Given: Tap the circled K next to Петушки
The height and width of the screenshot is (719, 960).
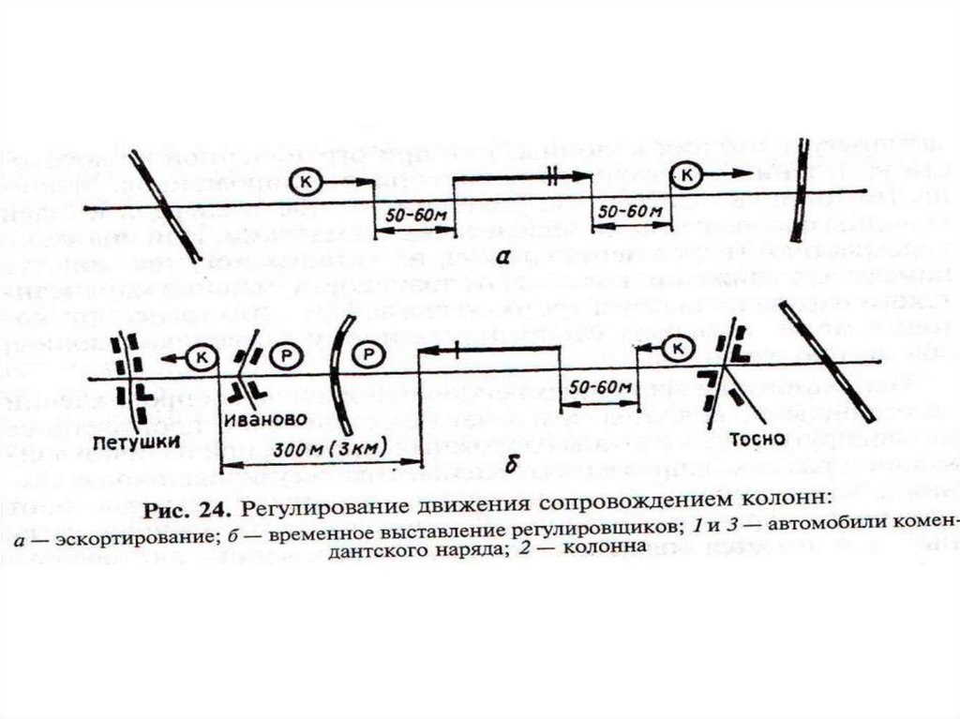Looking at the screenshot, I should pos(199,356).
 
